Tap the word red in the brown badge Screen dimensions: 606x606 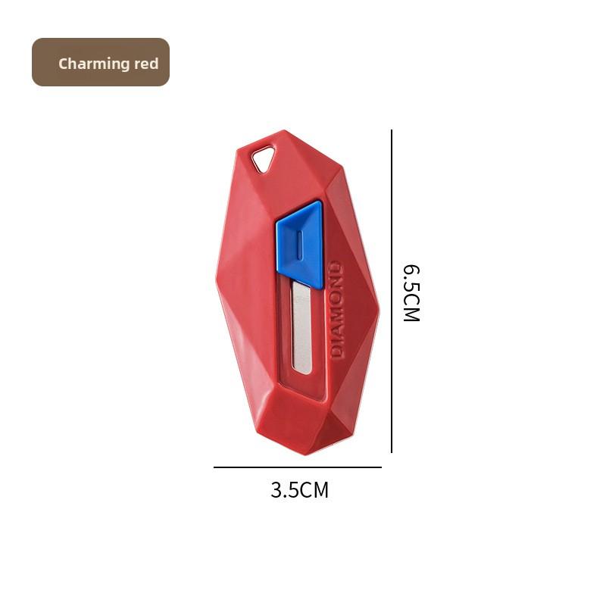point(146,64)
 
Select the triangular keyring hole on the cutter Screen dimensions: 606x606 point(264,159)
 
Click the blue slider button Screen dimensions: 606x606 point(300,244)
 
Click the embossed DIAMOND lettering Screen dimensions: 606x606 point(337,310)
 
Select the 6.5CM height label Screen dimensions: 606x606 point(411,293)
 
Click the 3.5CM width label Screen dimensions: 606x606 point(300,490)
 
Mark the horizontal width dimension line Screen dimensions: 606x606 point(297,467)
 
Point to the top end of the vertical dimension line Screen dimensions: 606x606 point(392,131)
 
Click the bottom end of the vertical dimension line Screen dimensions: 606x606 point(392,452)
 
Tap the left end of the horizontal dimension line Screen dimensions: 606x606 point(214,467)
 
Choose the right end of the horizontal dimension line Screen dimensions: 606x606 point(380,467)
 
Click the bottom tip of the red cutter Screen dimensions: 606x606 point(305,453)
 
